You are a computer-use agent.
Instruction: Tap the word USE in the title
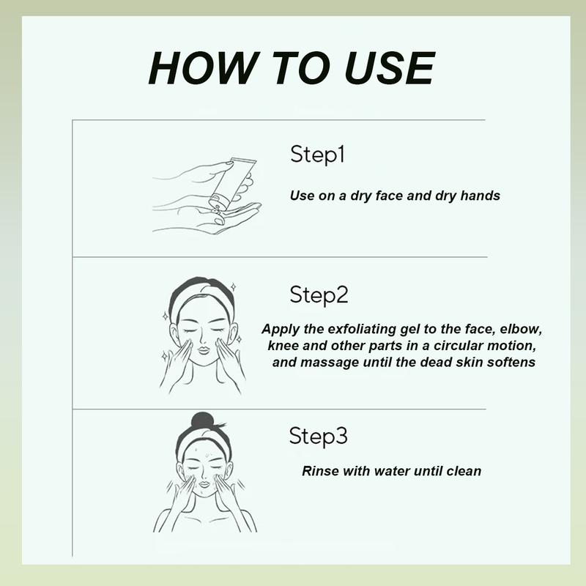(x=390, y=68)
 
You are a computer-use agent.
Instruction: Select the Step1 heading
(x=317, y=155)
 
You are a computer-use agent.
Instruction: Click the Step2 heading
(x=319, y=295)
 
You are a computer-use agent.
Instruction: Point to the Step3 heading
(x=318, y=436)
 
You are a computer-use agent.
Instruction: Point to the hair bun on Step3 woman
(x=203, y=420)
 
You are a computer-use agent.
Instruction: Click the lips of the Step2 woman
(x=204, y=350)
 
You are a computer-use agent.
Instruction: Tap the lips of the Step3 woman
(x=204, y=484)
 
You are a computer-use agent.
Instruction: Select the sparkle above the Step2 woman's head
(x=233, y=287)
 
